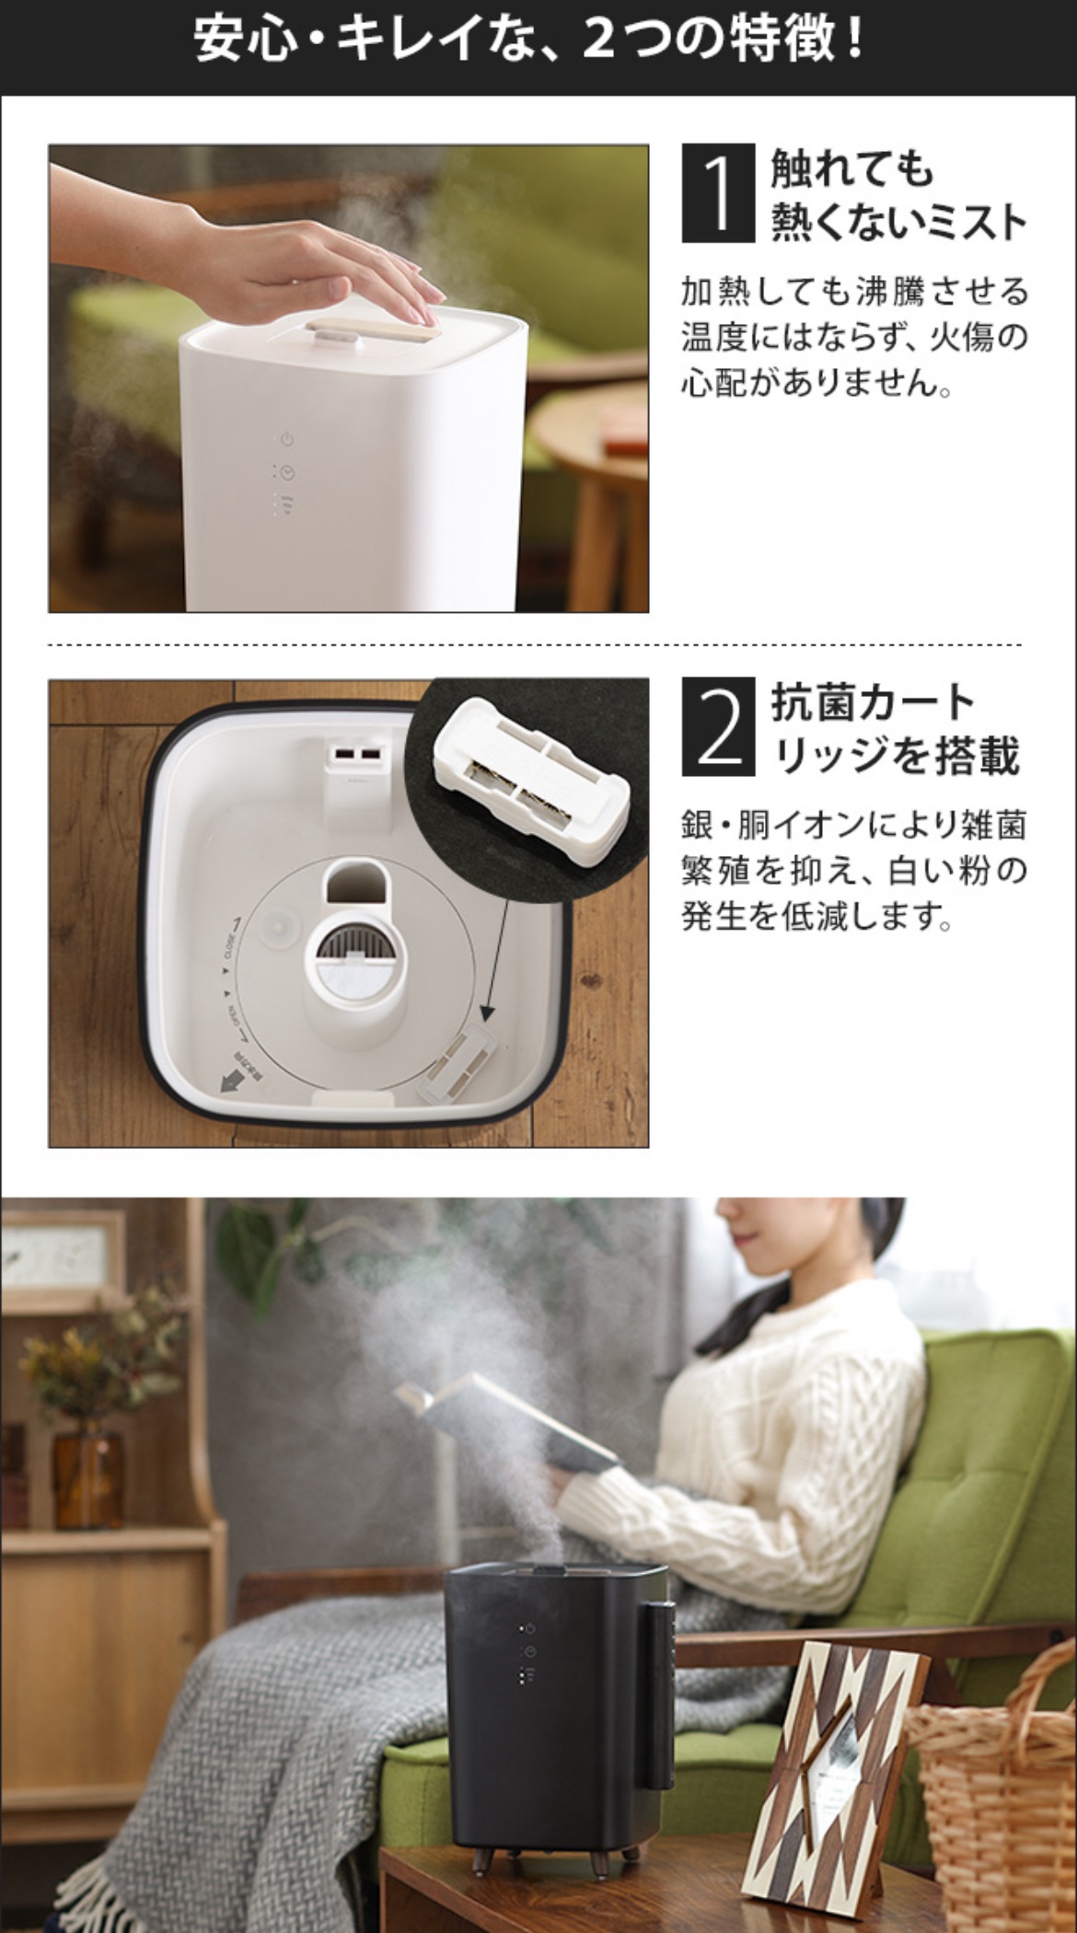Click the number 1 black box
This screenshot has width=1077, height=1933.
(x=718, y=193)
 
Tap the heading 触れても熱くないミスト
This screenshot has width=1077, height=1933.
(x=898, y=194)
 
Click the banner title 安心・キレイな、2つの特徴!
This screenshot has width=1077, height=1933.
(x=530, y=41)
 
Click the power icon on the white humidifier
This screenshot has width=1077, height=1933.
(x=287, y=439)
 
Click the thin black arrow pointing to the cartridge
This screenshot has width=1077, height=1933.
(x=496, y=957)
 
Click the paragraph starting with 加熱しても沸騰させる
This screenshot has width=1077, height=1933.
(x=854, y=337)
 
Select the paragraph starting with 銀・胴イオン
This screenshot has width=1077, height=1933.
(x=853, y=870)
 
